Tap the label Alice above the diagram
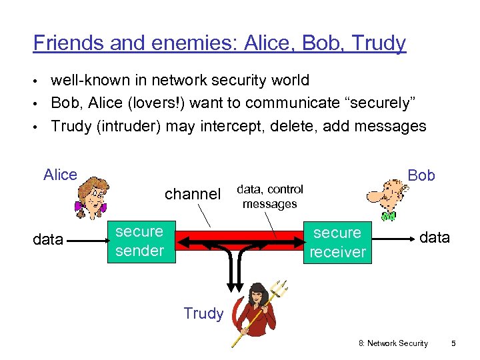[60, 175]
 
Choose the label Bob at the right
[421, 176]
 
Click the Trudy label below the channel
[203, 314]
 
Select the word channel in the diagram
[192, 194]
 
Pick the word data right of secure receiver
[434, 238]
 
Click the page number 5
[453, 343]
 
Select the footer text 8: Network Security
[393, 343]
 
